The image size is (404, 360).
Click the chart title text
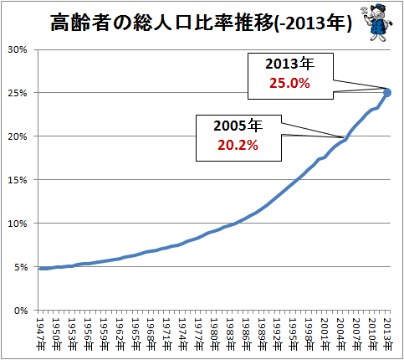tap(201, 23)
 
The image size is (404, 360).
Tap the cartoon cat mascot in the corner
tap(376, 23)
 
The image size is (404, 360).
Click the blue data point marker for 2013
tap(387, 93)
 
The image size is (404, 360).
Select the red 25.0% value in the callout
tap(289, 83)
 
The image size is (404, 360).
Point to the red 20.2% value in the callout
tap(238, 145)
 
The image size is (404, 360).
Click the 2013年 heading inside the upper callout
tap(289, 64)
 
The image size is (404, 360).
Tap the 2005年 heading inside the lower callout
tap(238, 126)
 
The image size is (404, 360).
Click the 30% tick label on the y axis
tap(18, 49)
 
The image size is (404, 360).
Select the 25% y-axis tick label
tap(18, 93)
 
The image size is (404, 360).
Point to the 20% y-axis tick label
tap(18, 136)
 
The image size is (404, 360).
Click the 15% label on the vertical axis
tap(18, 180)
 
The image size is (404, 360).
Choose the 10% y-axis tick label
tap(18, 224)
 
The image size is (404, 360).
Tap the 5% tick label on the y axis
tap(20, 267)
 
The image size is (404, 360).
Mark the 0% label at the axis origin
tap(21, 311)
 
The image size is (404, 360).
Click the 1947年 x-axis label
tap(40, 334)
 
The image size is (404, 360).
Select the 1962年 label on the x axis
tap(120, 334)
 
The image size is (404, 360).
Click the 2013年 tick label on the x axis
tap(387, 334)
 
